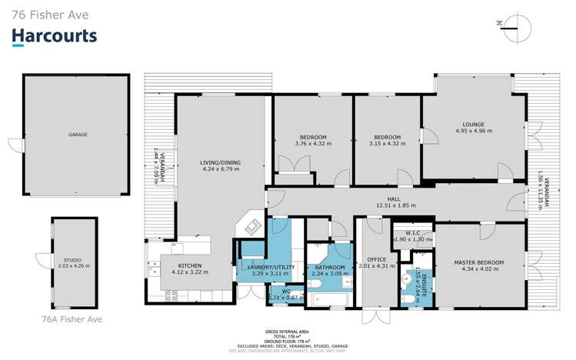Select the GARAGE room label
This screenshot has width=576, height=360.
[78, 135]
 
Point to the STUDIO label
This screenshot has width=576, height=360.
[74, 261]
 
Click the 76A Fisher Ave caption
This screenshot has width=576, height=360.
[72, 318]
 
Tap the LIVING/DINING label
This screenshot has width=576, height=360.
[221, 162]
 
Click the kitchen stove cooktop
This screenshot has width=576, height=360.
[172, 293]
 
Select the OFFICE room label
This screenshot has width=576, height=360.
[376, 259]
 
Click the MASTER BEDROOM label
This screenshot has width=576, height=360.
[478, 262]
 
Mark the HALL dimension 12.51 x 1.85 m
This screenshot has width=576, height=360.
[395, 205]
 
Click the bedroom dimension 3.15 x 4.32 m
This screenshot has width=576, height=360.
[386, 143]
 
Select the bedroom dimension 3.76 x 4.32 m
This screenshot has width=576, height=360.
[313, 143]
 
